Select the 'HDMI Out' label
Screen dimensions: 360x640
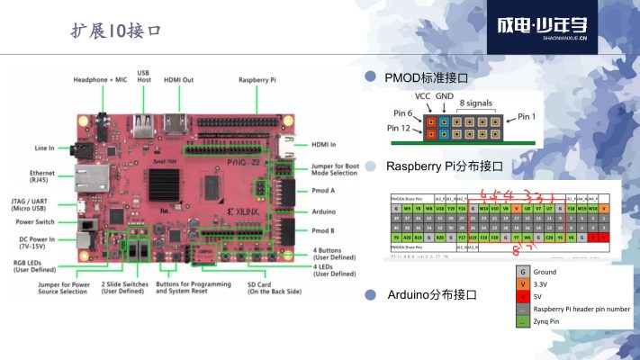(180, 80)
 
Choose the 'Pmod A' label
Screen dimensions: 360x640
(325, 191)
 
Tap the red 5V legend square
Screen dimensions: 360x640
(521, 295)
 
